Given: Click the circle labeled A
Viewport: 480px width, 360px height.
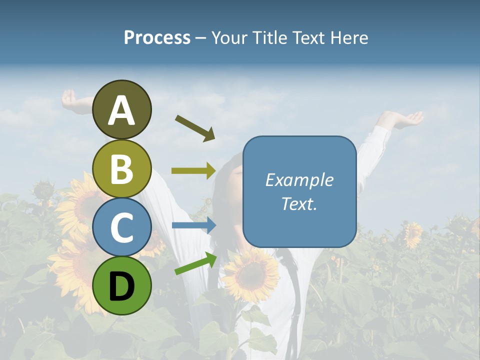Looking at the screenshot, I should [122, 109].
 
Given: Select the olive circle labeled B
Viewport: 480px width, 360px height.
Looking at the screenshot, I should [122, 168].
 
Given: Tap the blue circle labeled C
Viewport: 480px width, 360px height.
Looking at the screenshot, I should [122, 227].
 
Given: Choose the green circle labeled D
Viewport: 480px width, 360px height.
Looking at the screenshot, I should [122, 285].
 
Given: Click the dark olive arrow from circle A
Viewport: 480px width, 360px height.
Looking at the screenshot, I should [195, 128].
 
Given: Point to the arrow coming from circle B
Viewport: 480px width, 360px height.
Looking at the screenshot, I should [193, 171].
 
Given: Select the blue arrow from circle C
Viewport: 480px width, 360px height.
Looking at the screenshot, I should [194, 225].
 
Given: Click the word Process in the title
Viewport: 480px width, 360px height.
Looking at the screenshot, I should [157, 37].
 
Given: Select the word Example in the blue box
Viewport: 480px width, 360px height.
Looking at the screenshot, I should [299, 180].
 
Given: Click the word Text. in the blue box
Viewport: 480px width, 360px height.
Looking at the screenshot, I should [299, 203].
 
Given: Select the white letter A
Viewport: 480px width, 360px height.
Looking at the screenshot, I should [122, 110].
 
